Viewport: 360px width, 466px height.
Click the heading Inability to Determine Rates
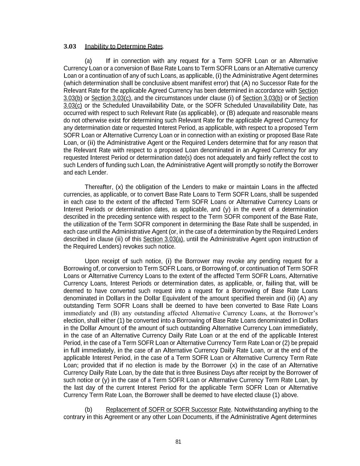pyautogui.click(x=124, y=46)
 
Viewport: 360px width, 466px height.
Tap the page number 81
pyautogui.click(x=178, y=442)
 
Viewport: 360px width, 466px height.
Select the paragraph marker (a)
pyautogui.click(x=88, y=61)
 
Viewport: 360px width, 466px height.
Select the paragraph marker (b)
pyautogui.click(x=88, y=410)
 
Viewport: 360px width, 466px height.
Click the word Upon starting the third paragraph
pyautogui.click(x=91, y=262)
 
